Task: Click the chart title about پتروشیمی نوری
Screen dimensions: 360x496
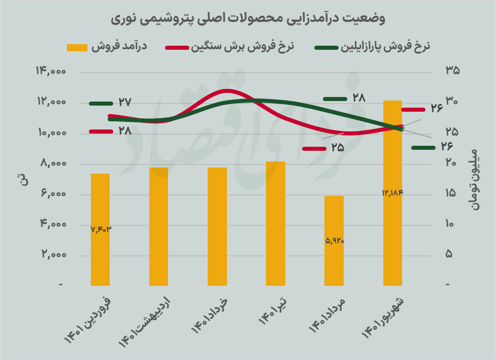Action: tap(248, 19)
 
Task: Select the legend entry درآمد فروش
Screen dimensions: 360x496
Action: tap(107, 47)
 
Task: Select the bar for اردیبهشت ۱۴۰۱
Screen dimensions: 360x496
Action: tap(158, 226)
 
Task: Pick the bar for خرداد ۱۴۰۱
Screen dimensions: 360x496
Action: tap(217, 226)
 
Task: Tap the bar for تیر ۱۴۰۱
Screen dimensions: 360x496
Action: tap(276, 223)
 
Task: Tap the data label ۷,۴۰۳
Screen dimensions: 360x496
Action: tap(101, 229)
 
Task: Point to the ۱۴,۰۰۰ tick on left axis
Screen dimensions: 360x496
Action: tap(51, 72)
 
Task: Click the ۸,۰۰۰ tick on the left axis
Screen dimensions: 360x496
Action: tap(52, 164)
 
